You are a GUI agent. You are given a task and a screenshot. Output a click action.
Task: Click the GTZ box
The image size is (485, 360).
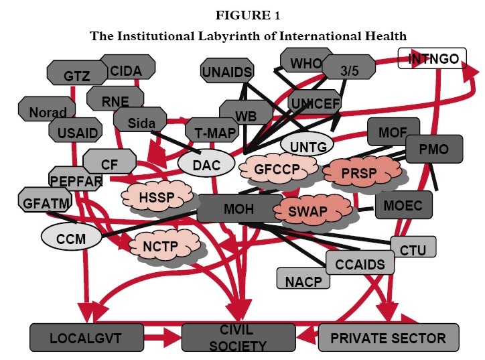tap(72, 76)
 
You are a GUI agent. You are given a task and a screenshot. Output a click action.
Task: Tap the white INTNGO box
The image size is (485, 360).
tap(433, 59)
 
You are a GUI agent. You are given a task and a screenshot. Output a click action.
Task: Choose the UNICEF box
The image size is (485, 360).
tap(315, 102)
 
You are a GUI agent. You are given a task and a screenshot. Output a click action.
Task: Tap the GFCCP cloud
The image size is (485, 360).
tap(276, 170)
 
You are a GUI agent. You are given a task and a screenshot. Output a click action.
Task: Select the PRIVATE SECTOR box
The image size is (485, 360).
tap(389, 337)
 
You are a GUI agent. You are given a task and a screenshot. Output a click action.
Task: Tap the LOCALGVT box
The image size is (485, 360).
tap(87, 337)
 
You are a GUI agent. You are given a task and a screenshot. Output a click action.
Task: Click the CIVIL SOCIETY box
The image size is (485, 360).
tap(238, 337)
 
